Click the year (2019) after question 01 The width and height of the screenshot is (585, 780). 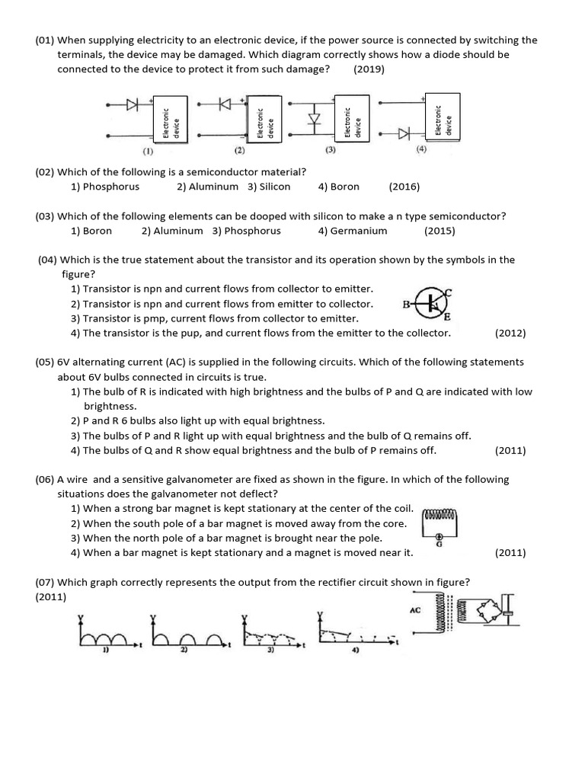369,69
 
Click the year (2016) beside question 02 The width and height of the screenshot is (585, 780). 404,187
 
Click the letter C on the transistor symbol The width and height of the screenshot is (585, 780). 449,292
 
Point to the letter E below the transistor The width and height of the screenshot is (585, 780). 447,318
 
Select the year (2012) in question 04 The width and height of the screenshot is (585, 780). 510,333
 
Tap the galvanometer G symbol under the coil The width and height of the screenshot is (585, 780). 438,536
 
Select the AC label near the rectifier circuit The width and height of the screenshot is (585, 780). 415,611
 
